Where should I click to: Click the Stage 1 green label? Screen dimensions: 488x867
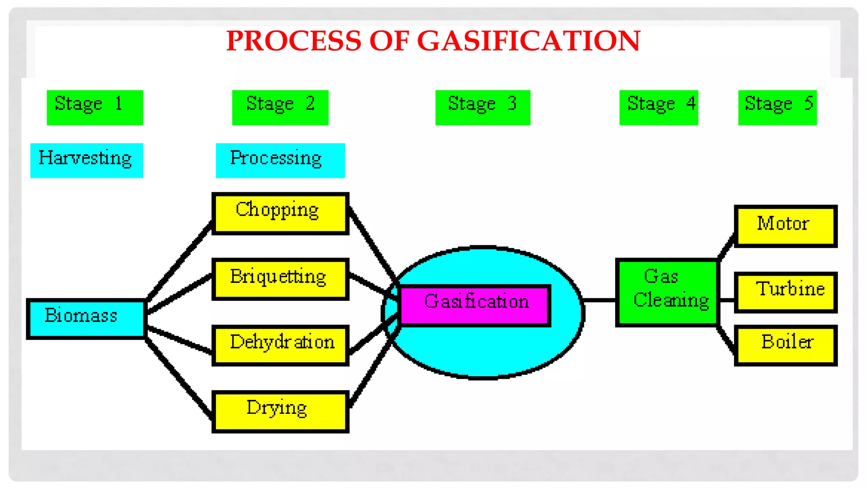pos(95,107)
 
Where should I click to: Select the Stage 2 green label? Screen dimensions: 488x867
pos(280,107)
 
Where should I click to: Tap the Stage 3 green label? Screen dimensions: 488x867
pos(483,107)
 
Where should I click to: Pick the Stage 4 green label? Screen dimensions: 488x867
pos(658,107)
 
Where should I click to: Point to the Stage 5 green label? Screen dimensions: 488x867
pos(777,107)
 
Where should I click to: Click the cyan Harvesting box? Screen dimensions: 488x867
pos(86,160)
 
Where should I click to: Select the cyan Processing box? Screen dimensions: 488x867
pos(280,160)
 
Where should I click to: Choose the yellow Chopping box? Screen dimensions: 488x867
pos(280,213)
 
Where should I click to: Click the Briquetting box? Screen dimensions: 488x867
pos(280,279)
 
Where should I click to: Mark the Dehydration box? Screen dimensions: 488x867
pos(280,345)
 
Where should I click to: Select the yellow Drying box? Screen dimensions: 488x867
pos(280,411)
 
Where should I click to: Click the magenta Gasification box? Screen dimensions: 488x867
pos(474,305)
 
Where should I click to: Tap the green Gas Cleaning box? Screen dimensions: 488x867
pos(668,292)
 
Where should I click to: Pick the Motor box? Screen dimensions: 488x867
pos(785,226)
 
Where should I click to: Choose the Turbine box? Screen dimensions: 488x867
pos(785,292)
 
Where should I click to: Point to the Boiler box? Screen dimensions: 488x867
pos(785,345)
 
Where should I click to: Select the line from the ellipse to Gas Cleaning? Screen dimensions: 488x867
pos(600,300)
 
